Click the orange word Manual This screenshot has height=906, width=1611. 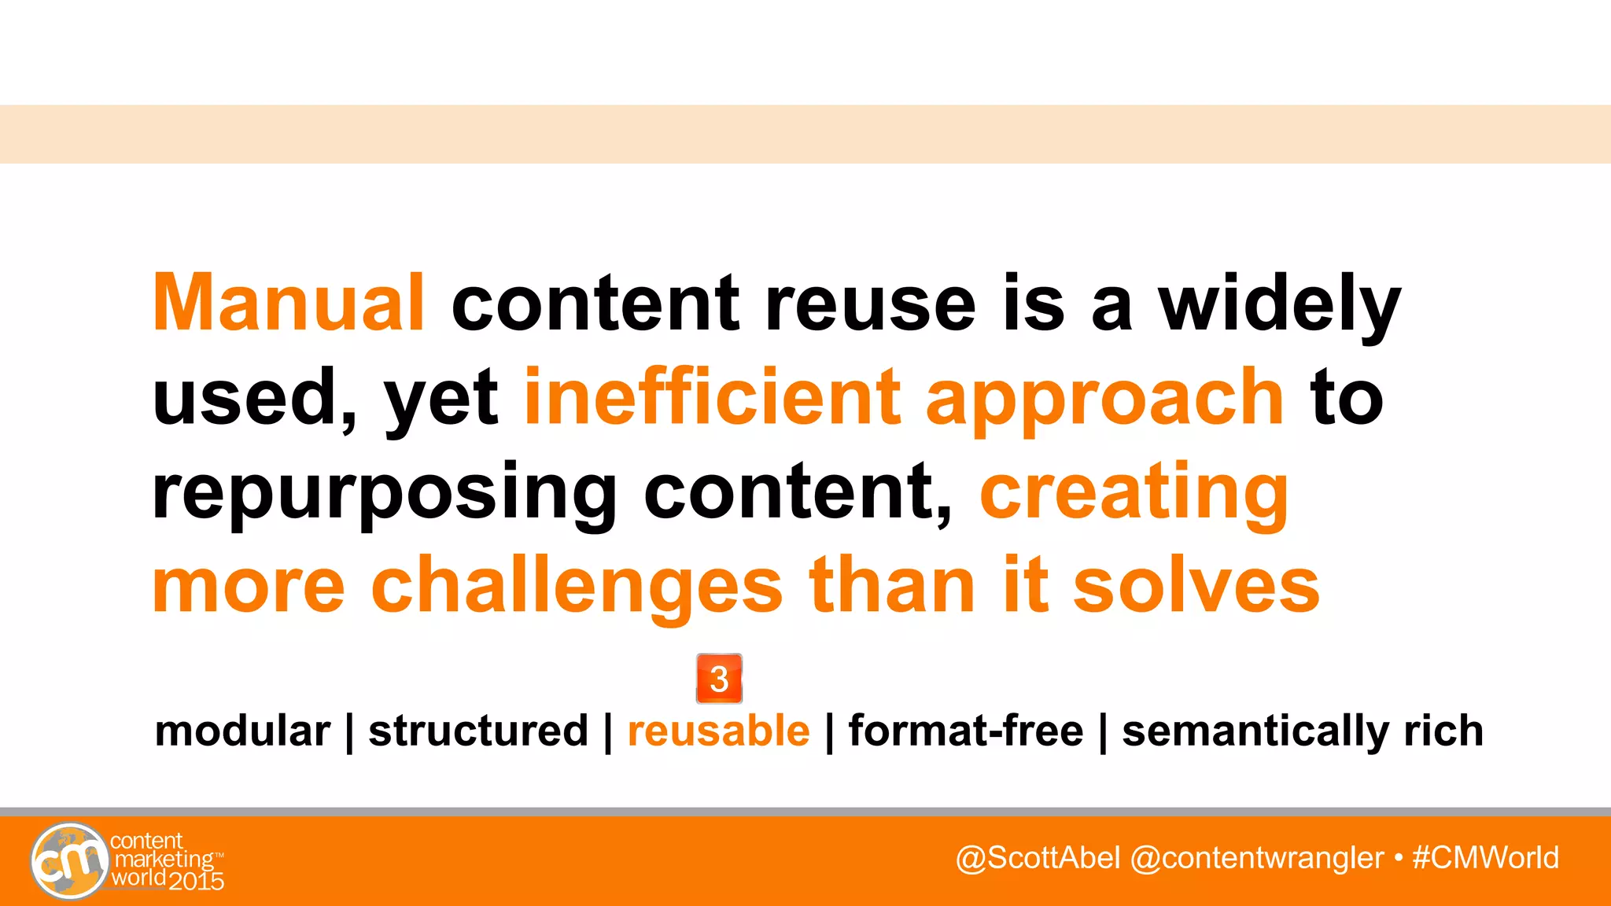tap(289, 303)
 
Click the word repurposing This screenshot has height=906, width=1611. tap(385, 494)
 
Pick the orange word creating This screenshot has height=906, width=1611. tap(1134, 494)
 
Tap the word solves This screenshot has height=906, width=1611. tap(1196, 586)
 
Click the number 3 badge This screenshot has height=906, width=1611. tap(719, 678)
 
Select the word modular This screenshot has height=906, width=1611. tap(242, 731)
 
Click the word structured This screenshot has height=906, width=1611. tap(478, 731)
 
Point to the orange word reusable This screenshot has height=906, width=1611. tap(718, 731)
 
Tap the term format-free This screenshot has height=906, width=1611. tap(966, 731)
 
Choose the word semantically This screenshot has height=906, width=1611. tap(1255, 732)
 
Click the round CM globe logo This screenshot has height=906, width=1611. tap(69, 861)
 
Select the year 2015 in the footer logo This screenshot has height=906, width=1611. tap(197, 882)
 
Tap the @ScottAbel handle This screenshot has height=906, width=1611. tap(1038, 858)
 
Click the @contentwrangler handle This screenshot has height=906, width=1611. tap(1256, 858)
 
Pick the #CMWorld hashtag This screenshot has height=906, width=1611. tap(1485, 858)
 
